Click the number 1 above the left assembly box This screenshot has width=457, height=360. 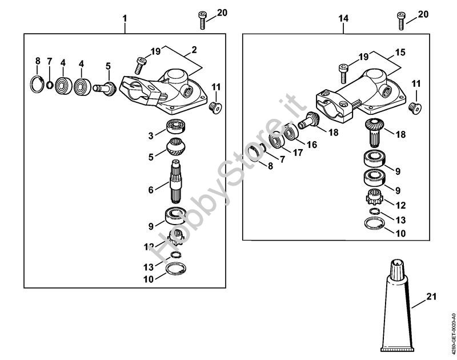pos(125,19)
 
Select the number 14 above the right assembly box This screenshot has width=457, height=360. pos(343,19)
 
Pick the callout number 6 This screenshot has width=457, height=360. pos(151,189)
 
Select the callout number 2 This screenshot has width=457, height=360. pos(194,50)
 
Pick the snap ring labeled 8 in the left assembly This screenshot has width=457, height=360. pos(37,84)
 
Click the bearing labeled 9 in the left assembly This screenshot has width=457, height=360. pos(174,217)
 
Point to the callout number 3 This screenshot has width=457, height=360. pos(150,136)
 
